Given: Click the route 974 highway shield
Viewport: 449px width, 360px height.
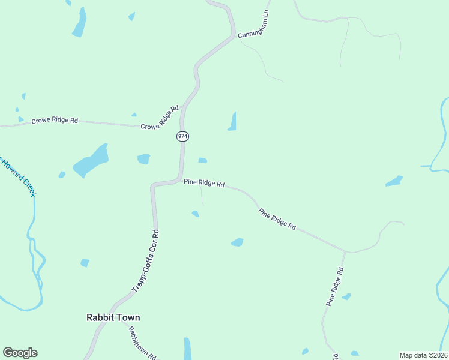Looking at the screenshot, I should (x=182, y=137).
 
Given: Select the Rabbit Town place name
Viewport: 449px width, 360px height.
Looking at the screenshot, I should (x=113, y=317).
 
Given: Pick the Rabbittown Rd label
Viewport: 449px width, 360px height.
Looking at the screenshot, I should (x=142, y=343).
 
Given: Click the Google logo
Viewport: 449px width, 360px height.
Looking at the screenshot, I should (x=20, y=353).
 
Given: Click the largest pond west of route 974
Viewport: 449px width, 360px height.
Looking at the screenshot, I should (x=91, y=161).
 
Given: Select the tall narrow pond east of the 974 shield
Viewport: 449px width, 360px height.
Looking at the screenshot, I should (x=232, y=122).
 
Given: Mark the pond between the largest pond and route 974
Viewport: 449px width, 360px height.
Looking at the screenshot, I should (x=143, y=159).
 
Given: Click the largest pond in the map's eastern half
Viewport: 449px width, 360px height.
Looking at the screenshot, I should (x=394, y=181).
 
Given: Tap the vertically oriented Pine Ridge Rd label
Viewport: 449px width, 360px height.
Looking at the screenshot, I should (x=335, y=287).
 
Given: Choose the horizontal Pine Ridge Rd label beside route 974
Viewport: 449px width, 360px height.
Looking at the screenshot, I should (x=204, y=183).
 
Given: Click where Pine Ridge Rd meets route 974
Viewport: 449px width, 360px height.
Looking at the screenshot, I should (x=180, y=179).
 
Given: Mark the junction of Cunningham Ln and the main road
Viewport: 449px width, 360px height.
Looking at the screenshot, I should (x=234, y=36).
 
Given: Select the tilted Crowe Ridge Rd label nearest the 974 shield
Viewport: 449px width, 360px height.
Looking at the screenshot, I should (x=160, y=118).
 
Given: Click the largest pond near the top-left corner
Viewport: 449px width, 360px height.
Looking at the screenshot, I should (x=79, y=24).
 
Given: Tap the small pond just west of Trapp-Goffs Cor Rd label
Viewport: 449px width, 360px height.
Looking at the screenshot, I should (x=85, y=263).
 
